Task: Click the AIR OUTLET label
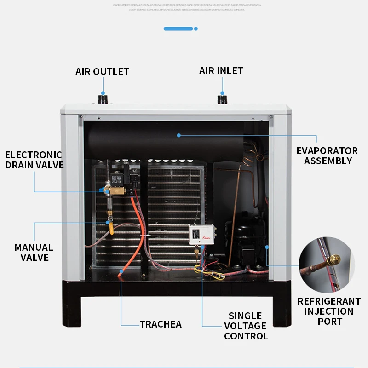click(x=102, y=72)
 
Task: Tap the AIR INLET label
click(x=221, y=71)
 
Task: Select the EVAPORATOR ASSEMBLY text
click(x=327, y=155)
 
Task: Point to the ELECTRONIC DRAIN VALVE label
click(x=34, y=160)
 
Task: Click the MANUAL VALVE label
click(x=34, y=252)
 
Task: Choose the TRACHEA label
click(x=161, y=324)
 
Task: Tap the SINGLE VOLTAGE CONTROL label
click(x=246, y=326)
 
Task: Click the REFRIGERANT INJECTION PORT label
click(x=329, y=311)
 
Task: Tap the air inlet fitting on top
click(x=223, y=98)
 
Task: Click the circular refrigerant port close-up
click(x=327, y=265)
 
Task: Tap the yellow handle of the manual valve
click(x=111, y=227)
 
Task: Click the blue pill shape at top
click(x=178, y=29)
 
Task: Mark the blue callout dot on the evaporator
click(x=179, y=135)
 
